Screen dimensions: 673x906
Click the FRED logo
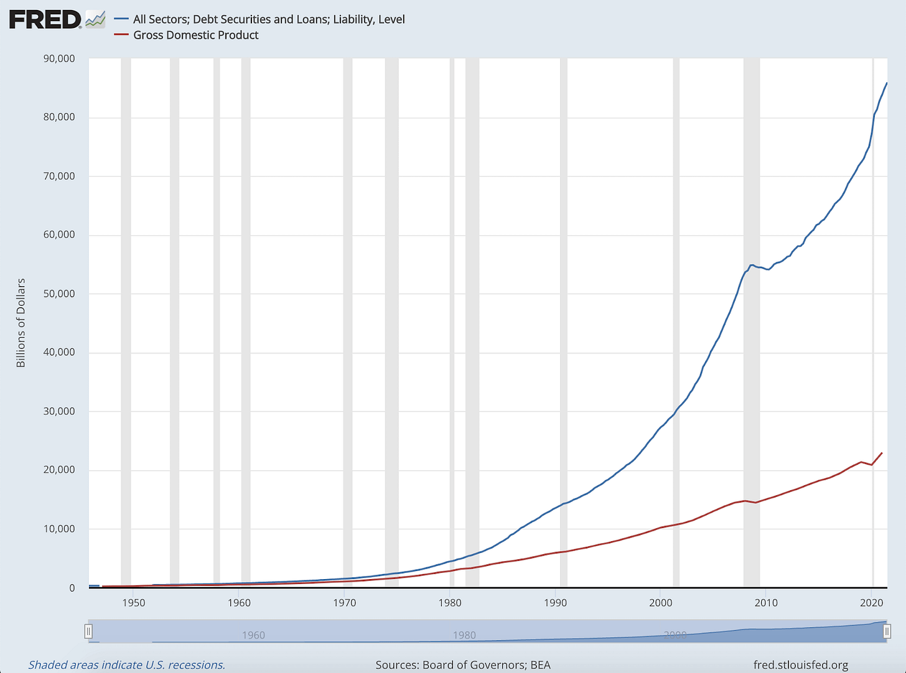[x=45, y=20]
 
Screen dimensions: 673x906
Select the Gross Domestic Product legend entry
[x=195, y=35]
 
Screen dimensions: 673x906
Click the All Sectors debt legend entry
[x=269, y=19]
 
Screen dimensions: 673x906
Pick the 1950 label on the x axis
[x=134, y=602]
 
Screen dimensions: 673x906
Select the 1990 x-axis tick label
[x=555, y=602]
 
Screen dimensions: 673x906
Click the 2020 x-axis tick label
[x=872, y=602]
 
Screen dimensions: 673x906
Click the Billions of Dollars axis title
[x=21, y=323]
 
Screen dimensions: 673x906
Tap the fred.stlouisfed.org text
[x=800, y=665]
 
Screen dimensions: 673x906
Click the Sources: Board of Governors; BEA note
[x=463, y=665]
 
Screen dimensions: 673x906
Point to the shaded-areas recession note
[x=127, y=665]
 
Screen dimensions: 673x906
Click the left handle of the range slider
[x=88, y=632]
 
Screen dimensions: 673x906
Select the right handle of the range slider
[x=887, y=632]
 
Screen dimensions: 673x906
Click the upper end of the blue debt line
[x=887, y=83]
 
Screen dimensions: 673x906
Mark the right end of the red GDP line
[x=882, y=453]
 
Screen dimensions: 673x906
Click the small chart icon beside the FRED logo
[x=95, y=20]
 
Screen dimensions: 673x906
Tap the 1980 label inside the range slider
[x=464, y=635]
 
